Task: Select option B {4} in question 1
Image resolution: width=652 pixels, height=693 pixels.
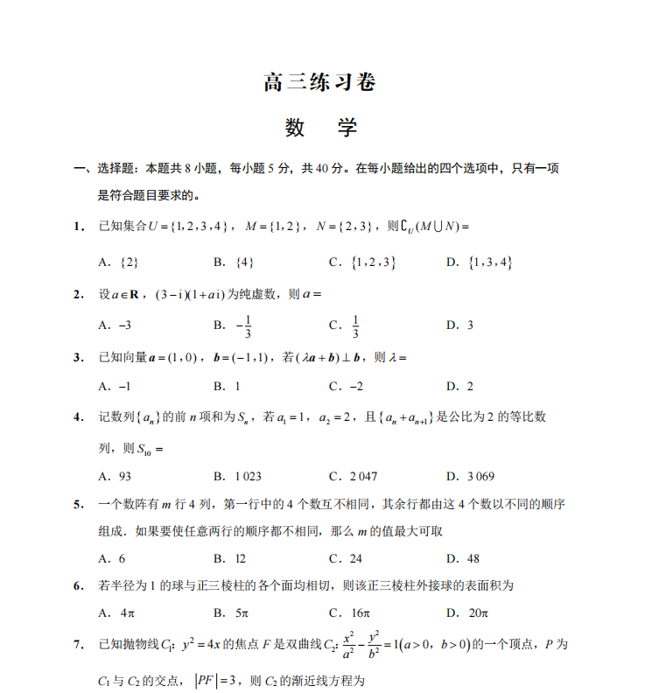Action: (x=234, y=262)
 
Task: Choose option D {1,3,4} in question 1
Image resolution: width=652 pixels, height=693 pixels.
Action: (x=479, y=262)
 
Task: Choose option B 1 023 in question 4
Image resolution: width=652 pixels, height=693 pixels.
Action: (x=237, y=476)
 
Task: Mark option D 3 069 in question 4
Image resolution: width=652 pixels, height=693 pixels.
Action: (x=471, y=476)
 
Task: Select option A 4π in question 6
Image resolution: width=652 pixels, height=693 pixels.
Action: (x=117, y=612)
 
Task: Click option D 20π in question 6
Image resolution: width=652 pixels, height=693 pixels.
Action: (x=466, y=612)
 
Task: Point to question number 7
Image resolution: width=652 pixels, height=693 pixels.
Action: (x=78, y=645)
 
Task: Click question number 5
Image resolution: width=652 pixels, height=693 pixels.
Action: (x=78, y=504)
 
